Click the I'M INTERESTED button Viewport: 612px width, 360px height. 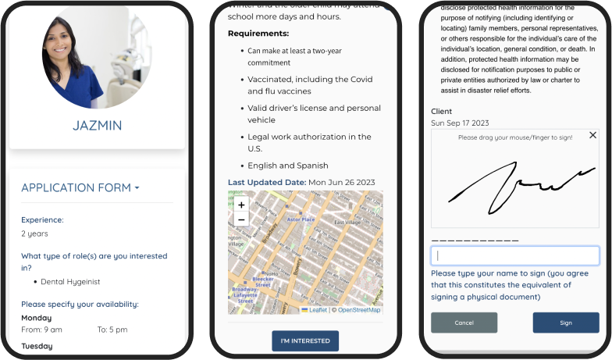[x=305, y=341]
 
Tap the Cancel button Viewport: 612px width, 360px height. [x=464, y=323]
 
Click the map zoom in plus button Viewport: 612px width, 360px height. [x=241, y=205]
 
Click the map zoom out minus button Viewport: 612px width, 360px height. [x=241, y=219]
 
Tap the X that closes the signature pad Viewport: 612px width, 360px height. [x=592, y=135]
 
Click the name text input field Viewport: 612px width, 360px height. [x=515, y=255]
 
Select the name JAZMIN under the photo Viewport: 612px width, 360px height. [x=98, y=125]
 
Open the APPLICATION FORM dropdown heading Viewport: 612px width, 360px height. [x=80, y=187]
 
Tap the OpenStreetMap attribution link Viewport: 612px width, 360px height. [x=359, y=310]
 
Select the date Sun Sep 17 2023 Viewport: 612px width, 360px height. [x=460, y=123]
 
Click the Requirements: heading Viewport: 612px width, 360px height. [x=258, y=34]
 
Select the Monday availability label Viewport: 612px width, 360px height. [x=37, y=318]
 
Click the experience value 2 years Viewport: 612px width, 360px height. [x=34, y=233]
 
